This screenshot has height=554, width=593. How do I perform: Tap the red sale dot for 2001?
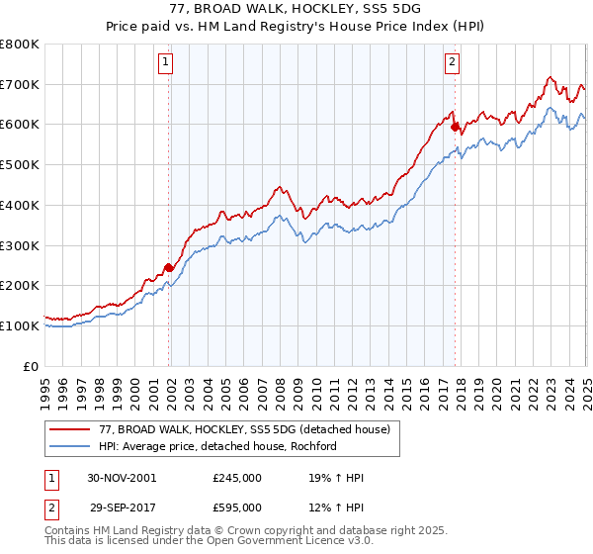click(x=169, y=267)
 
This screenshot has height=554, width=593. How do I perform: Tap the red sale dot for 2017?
click(x=455, y=127)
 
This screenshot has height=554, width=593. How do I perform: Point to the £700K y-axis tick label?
click(x=20, y=85)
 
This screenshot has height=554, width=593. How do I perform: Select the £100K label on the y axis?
click(x=20, y=325)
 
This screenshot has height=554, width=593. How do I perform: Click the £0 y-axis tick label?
click(x=31, y=366)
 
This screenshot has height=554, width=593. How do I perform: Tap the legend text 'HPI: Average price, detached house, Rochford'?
click(x=218, y=446)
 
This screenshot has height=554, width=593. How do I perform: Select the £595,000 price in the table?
click(x=237, y=507)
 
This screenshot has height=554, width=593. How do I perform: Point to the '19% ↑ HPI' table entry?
click(x=336, y=478)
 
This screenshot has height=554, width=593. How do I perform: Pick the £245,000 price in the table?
click(x=237, y=478)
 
